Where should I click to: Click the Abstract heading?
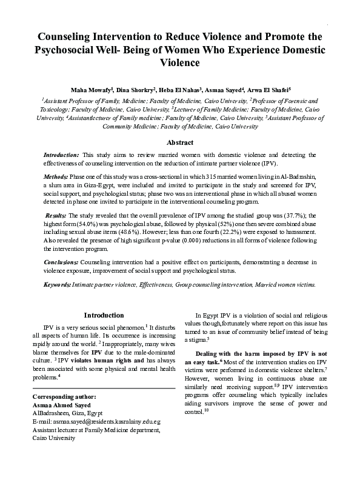click(x=179, y=144)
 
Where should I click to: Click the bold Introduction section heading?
click(x=104, y=316)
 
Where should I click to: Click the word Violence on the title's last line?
click(x=180, y=62)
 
